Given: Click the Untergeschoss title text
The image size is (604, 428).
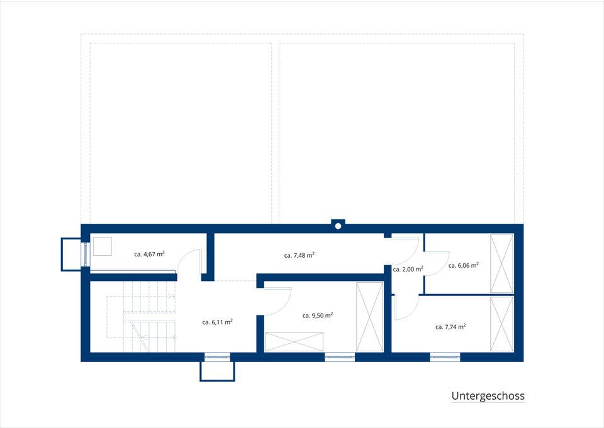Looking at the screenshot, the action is [488, 396].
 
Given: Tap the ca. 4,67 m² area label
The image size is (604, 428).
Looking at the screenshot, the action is [150, 254].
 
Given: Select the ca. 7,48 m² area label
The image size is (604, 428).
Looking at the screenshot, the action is [299, 255].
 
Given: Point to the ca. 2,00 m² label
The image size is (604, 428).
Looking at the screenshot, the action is [408, 269].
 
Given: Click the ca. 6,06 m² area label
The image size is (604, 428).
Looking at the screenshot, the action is [464, 265].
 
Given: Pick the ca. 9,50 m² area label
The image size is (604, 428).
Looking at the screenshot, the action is [317, 316].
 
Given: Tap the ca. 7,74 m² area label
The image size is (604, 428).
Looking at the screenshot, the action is [450, 327].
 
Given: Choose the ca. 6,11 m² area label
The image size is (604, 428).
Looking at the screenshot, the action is [217, 322].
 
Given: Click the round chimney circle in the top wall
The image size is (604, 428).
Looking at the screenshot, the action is [338, 226].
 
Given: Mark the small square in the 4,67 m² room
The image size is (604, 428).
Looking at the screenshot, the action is [103, 246].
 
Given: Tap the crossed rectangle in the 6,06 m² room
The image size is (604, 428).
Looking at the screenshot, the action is [502, 264].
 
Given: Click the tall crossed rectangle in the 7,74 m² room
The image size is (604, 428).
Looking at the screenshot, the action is [502, 324].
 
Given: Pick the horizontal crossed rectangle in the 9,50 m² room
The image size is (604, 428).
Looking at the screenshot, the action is [294, 342].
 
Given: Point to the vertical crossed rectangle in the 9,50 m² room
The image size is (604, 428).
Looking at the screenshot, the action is [370, 317].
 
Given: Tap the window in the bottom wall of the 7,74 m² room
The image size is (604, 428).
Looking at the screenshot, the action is [445, 358].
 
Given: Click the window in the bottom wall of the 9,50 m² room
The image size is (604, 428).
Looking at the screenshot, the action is [339, 358].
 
